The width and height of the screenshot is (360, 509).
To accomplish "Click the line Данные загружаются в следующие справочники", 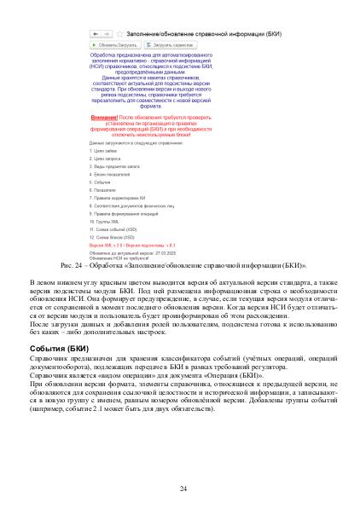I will pos(136,142).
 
